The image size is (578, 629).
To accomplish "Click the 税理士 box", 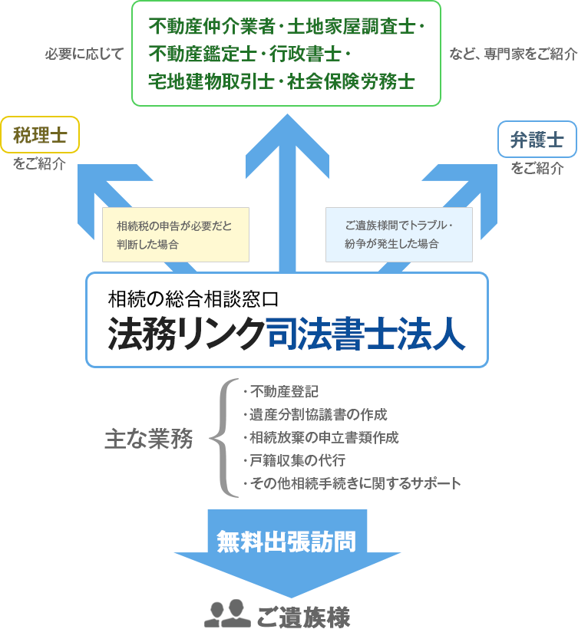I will [x=40, y=136].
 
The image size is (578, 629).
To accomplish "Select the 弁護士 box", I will [x=537, y=140].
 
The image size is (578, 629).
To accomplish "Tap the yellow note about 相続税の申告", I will [x=175, y=235].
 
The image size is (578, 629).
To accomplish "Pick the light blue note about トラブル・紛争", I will [x=398, y=235].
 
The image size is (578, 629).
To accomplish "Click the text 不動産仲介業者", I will [x=211, y=27].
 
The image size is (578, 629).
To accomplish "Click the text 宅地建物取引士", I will [x=211, y=81].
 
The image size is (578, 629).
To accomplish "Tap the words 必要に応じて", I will [x=84, y=54].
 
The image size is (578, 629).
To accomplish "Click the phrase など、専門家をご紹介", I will [x=512, y=54].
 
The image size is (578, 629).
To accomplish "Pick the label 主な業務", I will [x=148, y=438].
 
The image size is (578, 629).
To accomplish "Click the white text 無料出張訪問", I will [x=286, y=542].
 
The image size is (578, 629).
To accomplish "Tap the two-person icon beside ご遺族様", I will [x=227, y=613].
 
